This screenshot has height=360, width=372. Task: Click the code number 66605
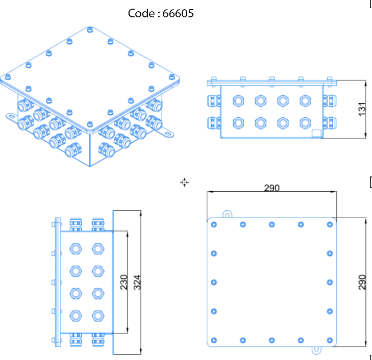(178, 14)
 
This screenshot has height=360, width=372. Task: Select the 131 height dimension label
(362, 109)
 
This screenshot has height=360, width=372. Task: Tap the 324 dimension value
(137, 282)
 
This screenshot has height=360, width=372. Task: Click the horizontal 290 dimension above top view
(271, 188)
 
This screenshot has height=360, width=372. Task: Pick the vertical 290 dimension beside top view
(362, 282)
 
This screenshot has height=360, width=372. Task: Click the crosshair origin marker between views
(185, 182)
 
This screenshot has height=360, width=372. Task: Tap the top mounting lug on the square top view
(228, 213)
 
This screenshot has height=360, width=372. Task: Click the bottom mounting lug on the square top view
(316, 350)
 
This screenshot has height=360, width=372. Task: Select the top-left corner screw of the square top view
(214, 224)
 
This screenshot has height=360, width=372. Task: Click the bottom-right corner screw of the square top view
(330, 340)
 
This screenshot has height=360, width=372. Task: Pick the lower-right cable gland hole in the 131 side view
(305, 123)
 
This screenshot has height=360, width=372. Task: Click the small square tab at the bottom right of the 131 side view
(316, 134)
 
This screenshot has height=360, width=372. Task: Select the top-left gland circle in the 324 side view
(75, 249)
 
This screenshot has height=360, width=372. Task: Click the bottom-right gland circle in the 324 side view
(97, 315)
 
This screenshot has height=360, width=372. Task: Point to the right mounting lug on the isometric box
(167, 134)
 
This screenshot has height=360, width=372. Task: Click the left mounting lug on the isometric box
(11, 117)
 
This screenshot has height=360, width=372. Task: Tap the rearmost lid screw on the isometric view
(90, 30)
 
